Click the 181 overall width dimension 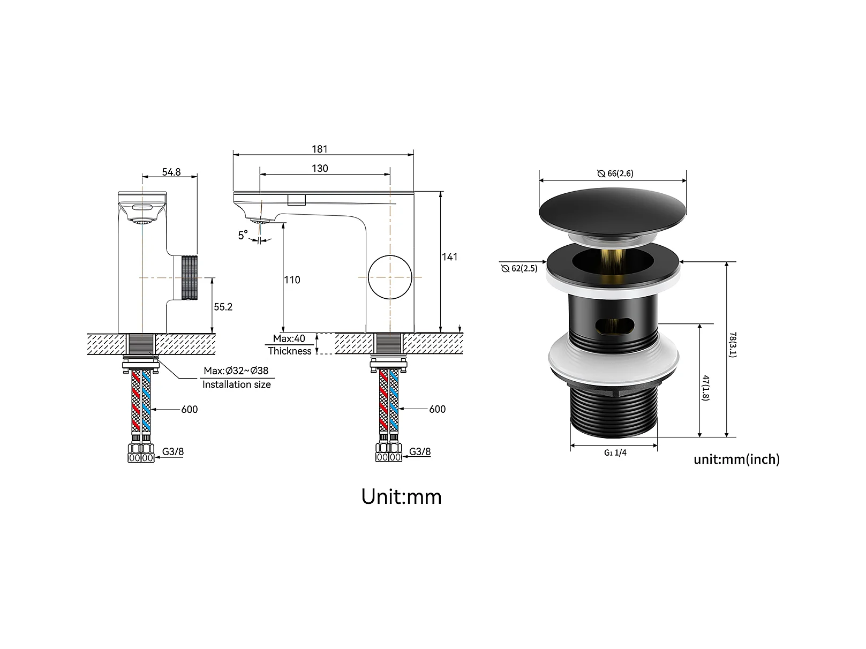[x=319, y=149]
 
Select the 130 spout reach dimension [x=320, y=168]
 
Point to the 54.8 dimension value [x=171, y=172]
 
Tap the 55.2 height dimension [x=223, y=307]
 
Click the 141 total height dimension [x=449, y=257]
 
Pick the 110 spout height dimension [x=292, y=280]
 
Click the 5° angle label [x=243, y=235]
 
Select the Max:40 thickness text [x=289, y=338]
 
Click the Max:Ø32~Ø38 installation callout [x=236, y=371]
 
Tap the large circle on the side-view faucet [x=390, y=277]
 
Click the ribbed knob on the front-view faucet [x=190, y=278]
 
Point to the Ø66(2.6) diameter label [x=615, y=173]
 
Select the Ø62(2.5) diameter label [x=519, y=268]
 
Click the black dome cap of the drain [x=613, y=210]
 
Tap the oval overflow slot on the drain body [x=614, y=326]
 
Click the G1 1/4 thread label [x=615, y=452]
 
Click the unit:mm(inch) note [x=736, y=459]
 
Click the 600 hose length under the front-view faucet [x=189, y=409]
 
